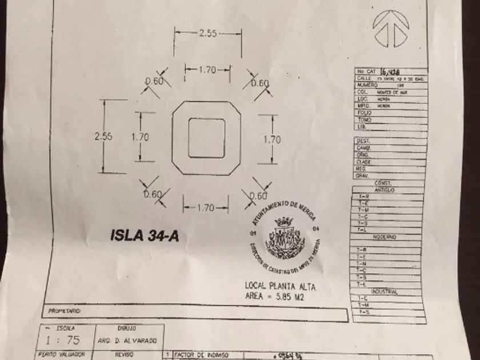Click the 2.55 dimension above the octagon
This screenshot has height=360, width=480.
coord(208,34)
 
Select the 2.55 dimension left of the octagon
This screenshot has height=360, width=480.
coord(103,137)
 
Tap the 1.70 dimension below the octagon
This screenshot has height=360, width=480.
coord(206,208)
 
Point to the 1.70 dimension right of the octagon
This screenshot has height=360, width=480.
coord(272,139)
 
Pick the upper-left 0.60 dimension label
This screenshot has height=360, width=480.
coord(154,82)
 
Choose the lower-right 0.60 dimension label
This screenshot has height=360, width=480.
coord(258,195)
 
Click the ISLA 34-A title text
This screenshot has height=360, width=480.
coord(144,235)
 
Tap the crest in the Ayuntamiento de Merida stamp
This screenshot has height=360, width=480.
coord(283,236)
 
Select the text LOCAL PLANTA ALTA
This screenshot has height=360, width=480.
coord(280,286)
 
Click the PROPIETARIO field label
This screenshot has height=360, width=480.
coord(66,312)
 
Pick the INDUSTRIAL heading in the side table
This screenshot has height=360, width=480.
coord(384,291)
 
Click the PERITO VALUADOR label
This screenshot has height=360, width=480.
coord(62,355)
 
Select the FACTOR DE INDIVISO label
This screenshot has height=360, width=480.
coord(198,355)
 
